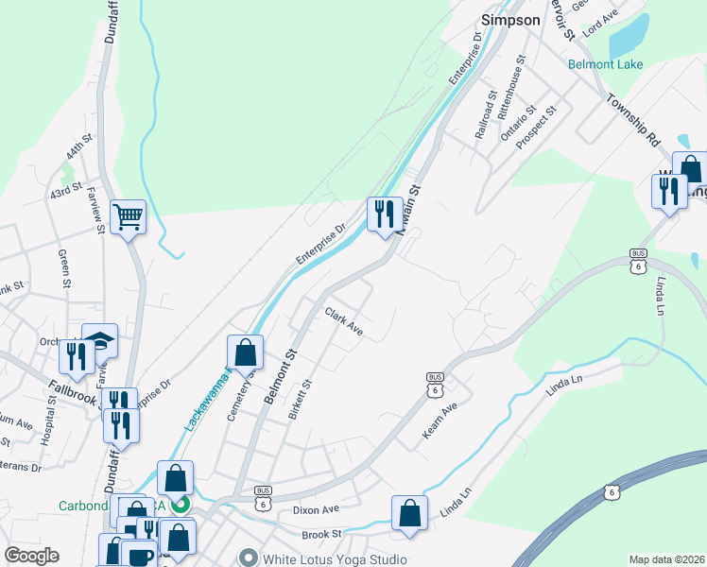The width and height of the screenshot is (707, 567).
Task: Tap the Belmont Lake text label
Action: click(x=605, y=64)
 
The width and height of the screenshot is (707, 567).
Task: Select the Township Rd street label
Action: click(x=633, y=119)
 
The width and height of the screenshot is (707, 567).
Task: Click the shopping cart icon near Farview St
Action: click(x=128, y=217)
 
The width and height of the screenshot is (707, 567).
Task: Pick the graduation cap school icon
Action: click(x=99, y=341)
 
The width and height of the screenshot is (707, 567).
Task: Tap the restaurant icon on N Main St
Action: click(x=383, y=215)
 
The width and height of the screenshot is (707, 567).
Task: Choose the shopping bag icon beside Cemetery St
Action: click(x=245, y=352)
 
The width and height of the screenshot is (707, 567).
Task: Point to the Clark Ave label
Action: click(x=344, y=321)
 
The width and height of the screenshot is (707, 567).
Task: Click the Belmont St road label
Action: click(x=281, y=376)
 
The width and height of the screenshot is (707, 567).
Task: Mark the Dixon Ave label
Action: click(x=316, y=509)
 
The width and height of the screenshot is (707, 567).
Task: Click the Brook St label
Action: click(x=321, y=535)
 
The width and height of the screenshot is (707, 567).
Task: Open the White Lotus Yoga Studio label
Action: click(x=334, y=558)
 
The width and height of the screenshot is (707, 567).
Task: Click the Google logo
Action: click(x=31, y=556)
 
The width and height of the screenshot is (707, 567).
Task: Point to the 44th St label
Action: click(x=80, y=150)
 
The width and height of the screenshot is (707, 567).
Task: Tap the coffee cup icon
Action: click(x=139, y=556)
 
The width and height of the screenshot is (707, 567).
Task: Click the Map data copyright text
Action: click(x=667, y=559)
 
